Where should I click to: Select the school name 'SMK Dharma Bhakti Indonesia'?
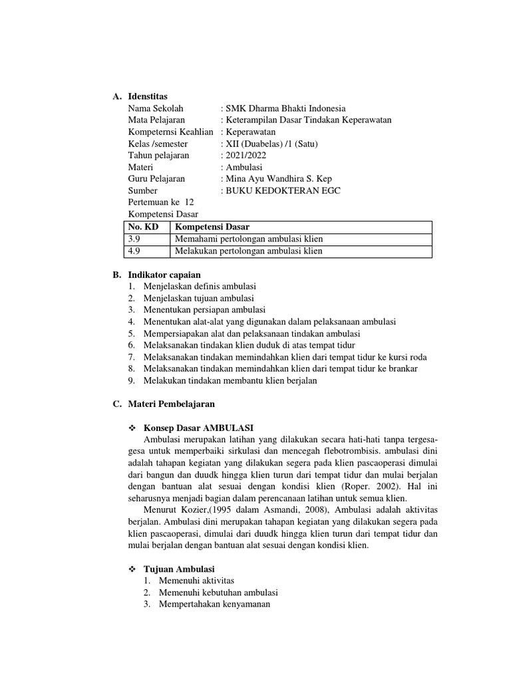pyautogui.click(x=285, y=109)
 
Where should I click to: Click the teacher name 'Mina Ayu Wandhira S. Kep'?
pyautogui.click(x=278, y=179)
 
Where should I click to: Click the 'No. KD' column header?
pyautogui.click(x=143, y=227)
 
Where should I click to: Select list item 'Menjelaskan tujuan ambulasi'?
pyautogui.click(x=198, y=298)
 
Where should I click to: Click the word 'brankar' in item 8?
pyautogui.click(x=403, y=368)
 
